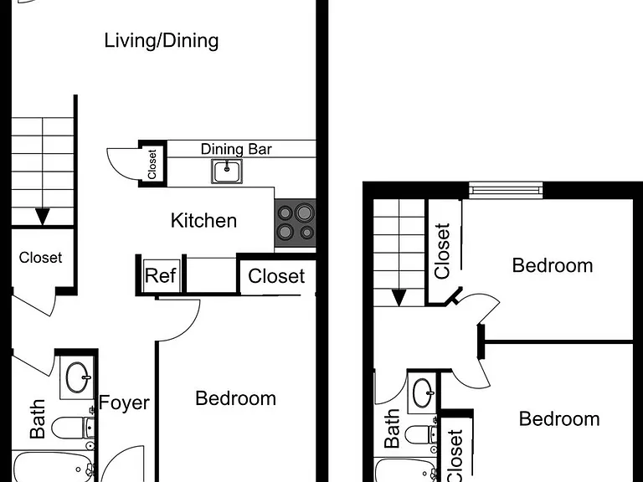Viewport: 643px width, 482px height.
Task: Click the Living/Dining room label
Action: point(161,41)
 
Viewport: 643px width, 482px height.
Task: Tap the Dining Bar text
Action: point(236,149)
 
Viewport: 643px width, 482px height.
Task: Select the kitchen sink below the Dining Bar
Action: point(227,171)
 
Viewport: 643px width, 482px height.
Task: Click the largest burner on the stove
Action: point(304,213)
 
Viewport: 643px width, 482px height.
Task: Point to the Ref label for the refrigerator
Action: point(161,275)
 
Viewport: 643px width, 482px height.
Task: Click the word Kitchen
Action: point(203,221)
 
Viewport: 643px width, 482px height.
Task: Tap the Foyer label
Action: point(124,403)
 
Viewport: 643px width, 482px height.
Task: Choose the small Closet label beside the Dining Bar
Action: point(152,164)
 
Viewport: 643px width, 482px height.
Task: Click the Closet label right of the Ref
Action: point(276,276)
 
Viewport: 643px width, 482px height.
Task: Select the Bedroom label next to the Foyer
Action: point(236,398)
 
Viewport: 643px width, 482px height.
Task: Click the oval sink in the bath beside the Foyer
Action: point(77,377)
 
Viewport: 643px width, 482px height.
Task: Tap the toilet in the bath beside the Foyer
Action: point(73,428)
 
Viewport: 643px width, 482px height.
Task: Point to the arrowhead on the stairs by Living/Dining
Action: point(42,217)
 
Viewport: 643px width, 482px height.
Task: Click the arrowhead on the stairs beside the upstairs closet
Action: point(399,298)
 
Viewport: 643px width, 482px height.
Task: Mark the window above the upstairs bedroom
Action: point(506,190)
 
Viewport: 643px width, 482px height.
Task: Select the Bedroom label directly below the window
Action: point(553,265)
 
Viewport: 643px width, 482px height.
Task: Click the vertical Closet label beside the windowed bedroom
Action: point(442,251)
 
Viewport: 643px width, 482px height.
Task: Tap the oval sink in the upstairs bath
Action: point(423,393)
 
